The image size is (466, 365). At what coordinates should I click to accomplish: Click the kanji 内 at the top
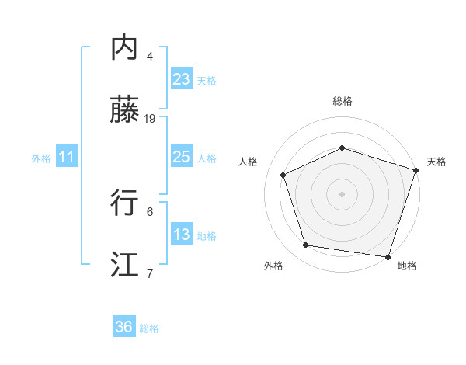click(125, 49)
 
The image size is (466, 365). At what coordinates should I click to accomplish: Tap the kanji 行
click(125, 203)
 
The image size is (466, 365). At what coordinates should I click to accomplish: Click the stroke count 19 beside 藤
click(150, 119)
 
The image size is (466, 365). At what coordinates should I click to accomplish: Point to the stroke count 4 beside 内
click(150, 57)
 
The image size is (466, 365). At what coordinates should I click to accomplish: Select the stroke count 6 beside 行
click(150, 211)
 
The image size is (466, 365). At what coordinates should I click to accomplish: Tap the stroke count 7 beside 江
click(150, 273)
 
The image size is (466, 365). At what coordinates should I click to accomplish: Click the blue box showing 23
click(182, 79)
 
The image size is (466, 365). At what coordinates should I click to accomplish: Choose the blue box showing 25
click(182, 157)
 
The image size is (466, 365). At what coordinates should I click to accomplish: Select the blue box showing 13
click(182, 235)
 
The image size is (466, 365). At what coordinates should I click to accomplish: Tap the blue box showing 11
click(67, 157)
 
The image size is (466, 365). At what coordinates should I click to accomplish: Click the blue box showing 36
click(124, 327)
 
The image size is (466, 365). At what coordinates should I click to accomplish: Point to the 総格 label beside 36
click(149, 328)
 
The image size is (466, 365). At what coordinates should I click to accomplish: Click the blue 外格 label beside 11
click(41, 158)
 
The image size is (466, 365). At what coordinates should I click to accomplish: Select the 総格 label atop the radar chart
click(342, 101)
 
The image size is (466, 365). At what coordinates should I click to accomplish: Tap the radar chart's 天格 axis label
click(436, 162)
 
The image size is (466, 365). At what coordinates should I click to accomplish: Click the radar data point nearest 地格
click(388, 256)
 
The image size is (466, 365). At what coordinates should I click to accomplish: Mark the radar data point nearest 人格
click(283, 175)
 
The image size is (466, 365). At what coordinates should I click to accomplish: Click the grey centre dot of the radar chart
click(342, 193)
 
